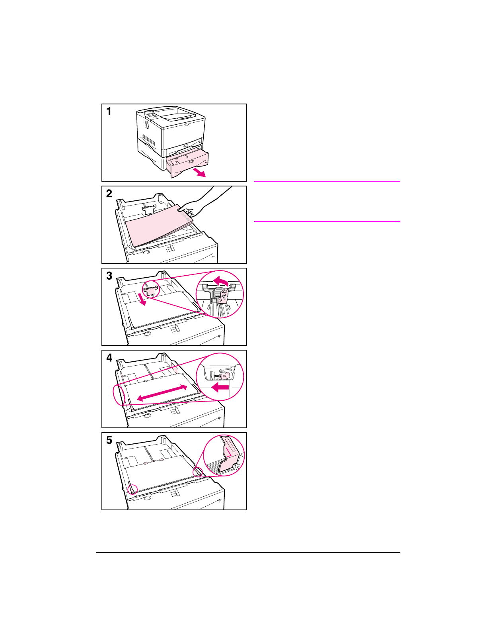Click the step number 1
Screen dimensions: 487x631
tap(109, 112)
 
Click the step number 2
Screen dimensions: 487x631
tap(109, 194)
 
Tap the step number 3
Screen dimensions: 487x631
tap(109, 276)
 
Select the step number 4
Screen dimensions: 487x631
tap(109, 358)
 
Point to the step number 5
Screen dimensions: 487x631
tap(109, 440)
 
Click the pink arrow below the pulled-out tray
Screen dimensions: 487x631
tap(199, 172)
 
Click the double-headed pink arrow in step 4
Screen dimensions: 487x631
tap(162, 393)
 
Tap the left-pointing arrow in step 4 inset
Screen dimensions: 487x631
tap(220, 387)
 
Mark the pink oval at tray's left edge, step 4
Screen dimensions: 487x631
tap(119, 395)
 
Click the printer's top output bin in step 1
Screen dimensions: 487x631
tap(175, 114)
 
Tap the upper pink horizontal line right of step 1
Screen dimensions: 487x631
tap(327, 181)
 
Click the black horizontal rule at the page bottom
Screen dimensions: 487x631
tap(248, 553)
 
